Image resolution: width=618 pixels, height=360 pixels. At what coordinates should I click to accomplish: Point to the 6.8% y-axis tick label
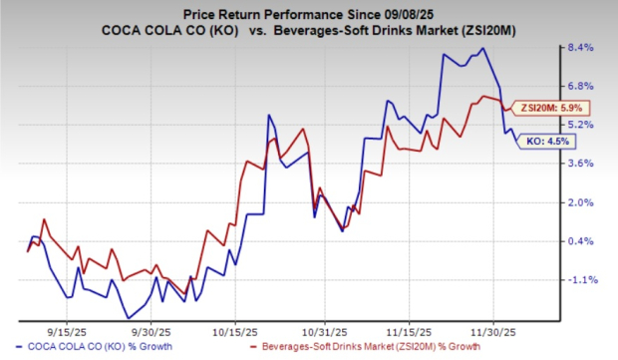pyautogui.click(x=582, y=86)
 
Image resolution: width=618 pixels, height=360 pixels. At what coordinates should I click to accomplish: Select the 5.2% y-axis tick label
pyautogui.click(x=582, y=125)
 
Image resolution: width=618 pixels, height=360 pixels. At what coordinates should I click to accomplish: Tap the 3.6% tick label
pyautogui.click(x=582, y=164)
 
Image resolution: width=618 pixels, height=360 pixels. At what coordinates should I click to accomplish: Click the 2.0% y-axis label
pyautogui.click(x=582, y=202)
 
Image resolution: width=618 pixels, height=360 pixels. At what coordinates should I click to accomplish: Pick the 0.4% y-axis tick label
pyautogui.click(x=582, y=241)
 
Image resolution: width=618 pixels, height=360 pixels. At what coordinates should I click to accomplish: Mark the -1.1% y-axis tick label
pyautogui.click(x=581, y=280)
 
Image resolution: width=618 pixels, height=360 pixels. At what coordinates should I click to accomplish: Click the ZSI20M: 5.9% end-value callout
pyautogui.click(x=539, y=109)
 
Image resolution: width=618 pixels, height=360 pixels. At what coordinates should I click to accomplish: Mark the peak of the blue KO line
pyautogui.click(x=483, y=49)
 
